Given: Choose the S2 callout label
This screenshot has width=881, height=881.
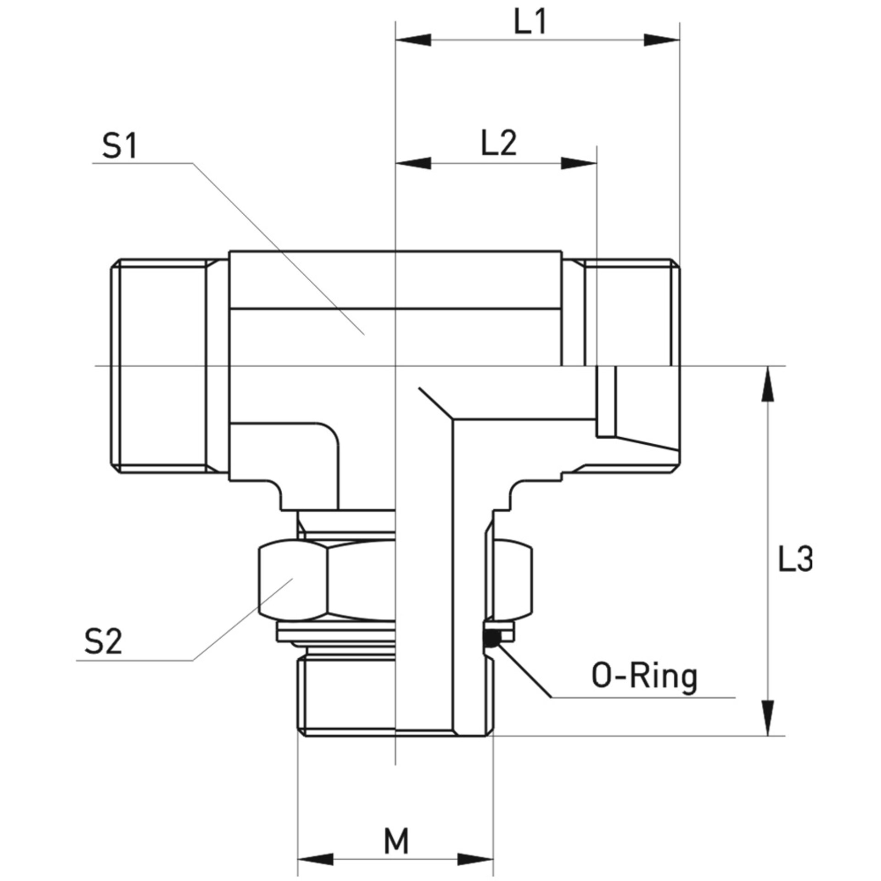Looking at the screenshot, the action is click(x=103, y=641).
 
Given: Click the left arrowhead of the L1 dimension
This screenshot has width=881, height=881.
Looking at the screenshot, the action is click(x=413, y=40).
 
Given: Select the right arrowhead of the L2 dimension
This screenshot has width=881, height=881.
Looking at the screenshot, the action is click(x=579, y=163).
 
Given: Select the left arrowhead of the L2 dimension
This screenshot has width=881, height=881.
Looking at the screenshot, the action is click(x=413, y=163).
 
